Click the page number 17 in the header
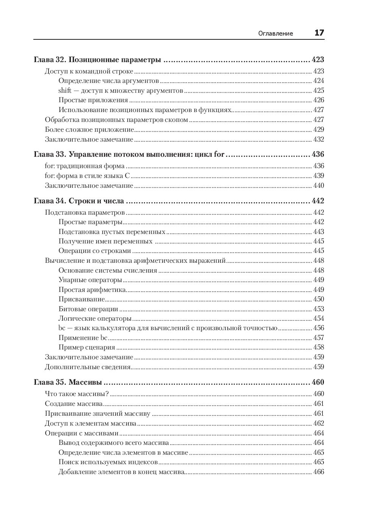point(319,33)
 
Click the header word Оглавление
point(275,33)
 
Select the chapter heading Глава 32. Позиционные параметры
point(97,60)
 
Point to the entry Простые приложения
point(93,100)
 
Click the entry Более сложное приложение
point(90,129)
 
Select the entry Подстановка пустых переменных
point(112,232)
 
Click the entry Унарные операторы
point(90,280)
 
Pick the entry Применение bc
point(83,338)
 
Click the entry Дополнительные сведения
point(88,367)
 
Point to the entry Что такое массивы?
point(77,394)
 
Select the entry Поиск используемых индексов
point(108,462)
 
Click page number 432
point(319,139)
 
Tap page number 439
point(319,176)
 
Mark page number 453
point(319,309)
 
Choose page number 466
point(319,472)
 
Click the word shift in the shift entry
point(65,90)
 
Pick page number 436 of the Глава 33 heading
point(318,154)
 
